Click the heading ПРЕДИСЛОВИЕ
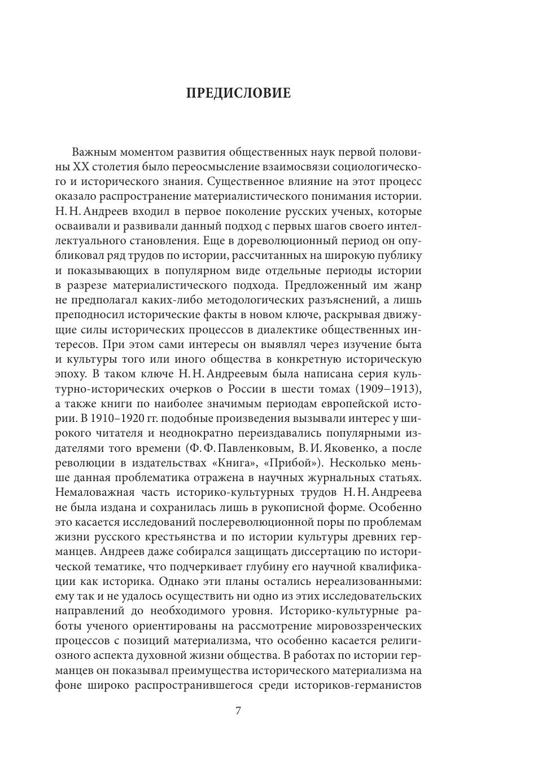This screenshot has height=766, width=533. tap(238, 93)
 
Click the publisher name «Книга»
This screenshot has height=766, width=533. tap(259, 463)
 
